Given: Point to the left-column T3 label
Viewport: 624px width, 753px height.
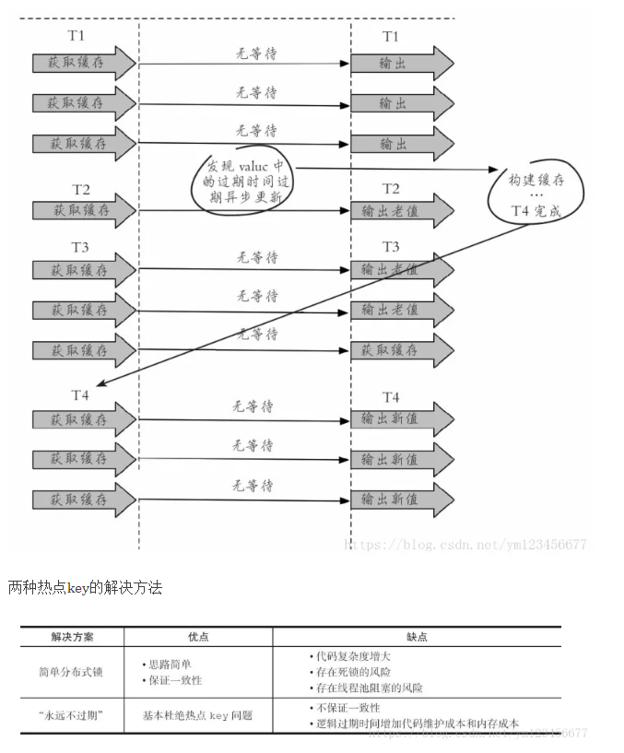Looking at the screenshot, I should [x=80, y=246].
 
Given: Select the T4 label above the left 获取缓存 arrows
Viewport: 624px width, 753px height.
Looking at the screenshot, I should [x=80, y=395].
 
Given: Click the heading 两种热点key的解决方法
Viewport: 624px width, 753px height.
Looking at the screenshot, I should [x=85, y=587].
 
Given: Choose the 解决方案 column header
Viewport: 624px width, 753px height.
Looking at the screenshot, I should [x=71, y=637].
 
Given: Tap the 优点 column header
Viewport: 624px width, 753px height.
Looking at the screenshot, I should [x=198, y=637].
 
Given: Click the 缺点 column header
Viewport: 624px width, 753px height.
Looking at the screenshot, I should [x=417, y=637].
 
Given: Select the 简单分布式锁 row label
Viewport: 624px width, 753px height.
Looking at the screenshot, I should [x=71, y=671].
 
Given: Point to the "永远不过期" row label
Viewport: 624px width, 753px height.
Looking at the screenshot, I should [x=71, y=715].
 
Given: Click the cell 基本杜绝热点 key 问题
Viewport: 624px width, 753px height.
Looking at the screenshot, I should [x=197, y=715].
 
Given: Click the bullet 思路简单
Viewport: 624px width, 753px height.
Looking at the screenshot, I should [x=171, y=664].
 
